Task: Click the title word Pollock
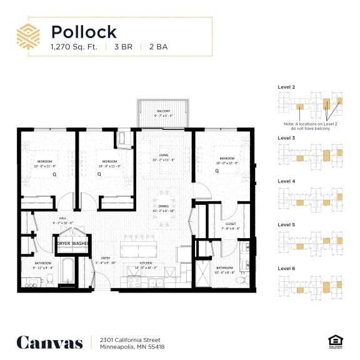point(84,31)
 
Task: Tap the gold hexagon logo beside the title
point(28,36)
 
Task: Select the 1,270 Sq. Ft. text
point(74,46)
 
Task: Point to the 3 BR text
point(123,46)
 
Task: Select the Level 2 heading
point(286,87)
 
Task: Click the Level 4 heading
point(286,181)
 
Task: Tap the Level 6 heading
point(286,268)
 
